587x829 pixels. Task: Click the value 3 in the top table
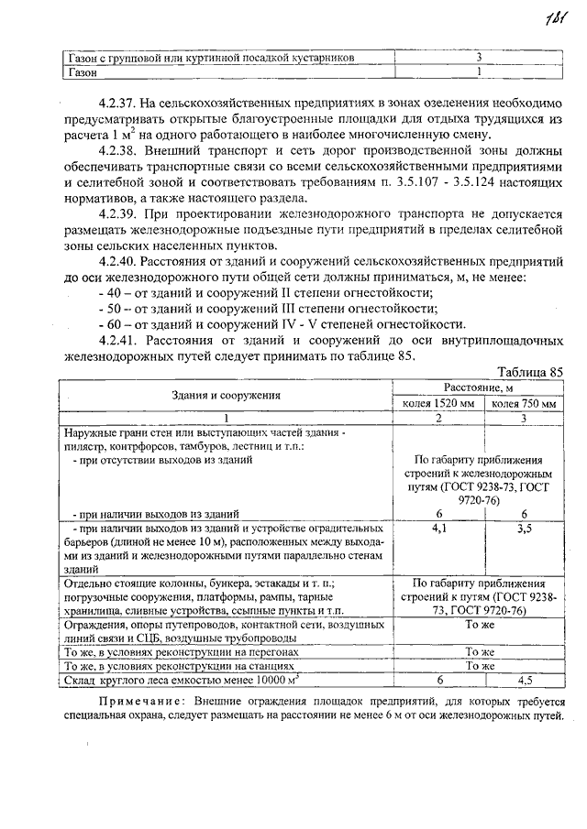click(x=479, y=57)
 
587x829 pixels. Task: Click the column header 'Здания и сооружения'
click(x=226, y=395)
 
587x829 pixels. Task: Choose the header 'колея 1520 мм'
click(x=438, y=403)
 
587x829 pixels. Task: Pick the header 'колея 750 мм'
click(x=524, y=403)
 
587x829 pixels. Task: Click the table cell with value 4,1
click(x=438, y=529)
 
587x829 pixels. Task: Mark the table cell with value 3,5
click(x=524, y=529)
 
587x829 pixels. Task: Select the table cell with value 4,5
click(x=524, y=681)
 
